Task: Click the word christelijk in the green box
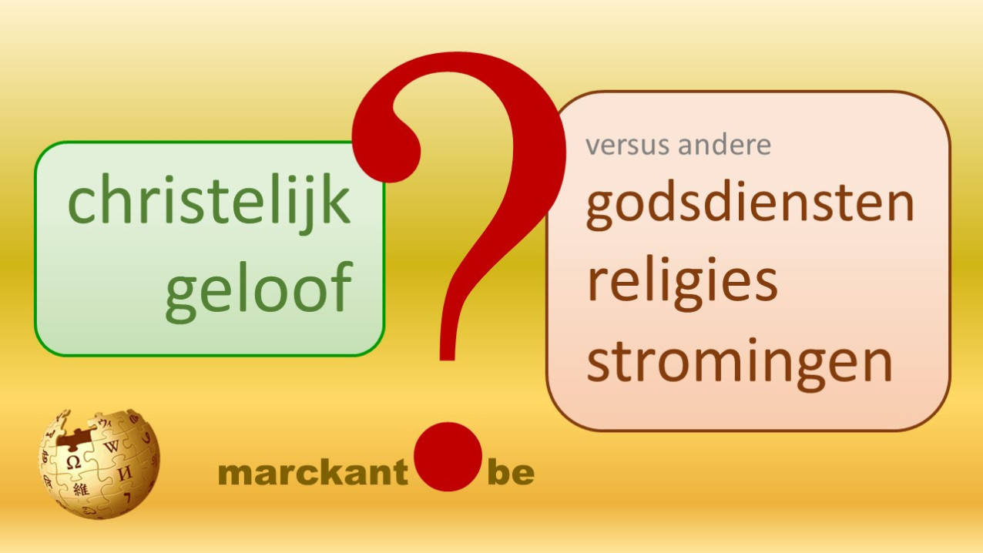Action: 210,203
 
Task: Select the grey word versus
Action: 629,146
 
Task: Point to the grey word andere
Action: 724,144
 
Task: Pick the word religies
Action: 683,284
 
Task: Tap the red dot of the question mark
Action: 448,457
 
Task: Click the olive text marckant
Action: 314,473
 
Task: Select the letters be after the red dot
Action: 511,473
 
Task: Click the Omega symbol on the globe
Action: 73,461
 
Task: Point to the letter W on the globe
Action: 112,447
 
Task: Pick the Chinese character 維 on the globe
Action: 81,489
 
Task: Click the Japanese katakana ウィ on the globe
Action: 106,423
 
